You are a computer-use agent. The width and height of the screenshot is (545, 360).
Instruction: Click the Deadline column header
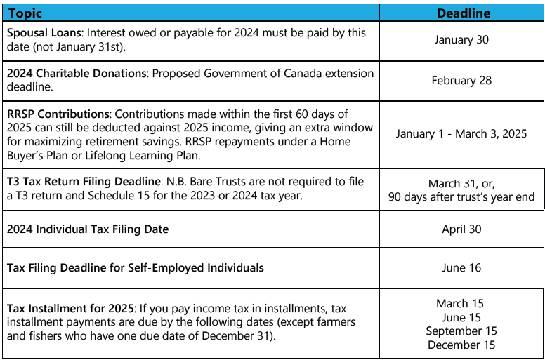coord(463,13)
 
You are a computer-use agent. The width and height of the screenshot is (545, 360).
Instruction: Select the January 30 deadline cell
coord(461,40)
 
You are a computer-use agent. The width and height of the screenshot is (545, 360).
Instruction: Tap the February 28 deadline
coord(461,80)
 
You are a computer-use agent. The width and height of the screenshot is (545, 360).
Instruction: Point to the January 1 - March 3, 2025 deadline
coord(461,133)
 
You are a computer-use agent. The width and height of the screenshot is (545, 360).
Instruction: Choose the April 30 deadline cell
coord(461,229)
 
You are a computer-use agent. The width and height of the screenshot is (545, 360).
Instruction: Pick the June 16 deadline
coord(461,267)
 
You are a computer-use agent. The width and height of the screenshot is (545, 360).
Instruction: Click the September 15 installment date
coord(461,331)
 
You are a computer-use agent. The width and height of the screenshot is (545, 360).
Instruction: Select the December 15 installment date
coord(461,345)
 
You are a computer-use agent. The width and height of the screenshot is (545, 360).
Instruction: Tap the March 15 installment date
coord(461,304)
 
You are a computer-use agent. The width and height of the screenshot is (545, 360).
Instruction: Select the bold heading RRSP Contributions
coord(58,114)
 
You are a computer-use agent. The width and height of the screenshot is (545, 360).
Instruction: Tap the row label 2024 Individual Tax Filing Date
coord(88,229)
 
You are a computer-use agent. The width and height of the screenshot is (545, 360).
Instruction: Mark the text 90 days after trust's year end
coord(461,197)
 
